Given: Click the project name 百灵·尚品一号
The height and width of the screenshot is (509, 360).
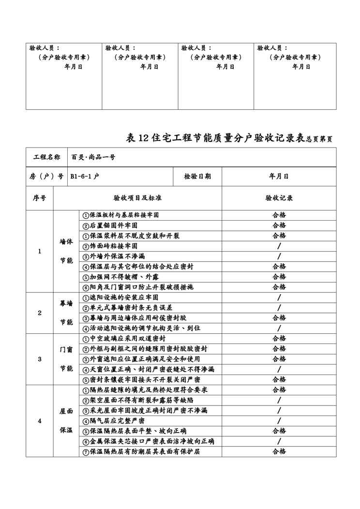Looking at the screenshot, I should point(93,157).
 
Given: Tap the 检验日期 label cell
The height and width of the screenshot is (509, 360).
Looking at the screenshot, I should point(197,177).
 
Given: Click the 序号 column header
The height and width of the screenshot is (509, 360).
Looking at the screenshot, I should point(40,198).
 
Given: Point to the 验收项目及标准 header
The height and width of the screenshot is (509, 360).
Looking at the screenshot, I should point(137,198).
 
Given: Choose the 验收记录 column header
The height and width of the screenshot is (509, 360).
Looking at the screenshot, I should point(279,198).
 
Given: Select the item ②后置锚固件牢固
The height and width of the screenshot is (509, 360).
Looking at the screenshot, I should point(110,225).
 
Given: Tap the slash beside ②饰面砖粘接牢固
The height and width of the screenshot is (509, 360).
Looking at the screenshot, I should point(279,246).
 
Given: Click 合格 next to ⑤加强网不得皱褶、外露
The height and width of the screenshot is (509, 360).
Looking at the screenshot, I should point(279,277).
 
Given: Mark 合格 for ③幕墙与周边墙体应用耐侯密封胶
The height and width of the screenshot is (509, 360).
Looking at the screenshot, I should point(279,318).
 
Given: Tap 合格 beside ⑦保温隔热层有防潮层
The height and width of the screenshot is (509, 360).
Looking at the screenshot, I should point(279,451).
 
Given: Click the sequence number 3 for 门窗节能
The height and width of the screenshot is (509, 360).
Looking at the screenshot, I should point(40,359).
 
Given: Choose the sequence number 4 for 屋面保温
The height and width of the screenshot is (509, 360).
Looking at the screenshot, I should point(40,420).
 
